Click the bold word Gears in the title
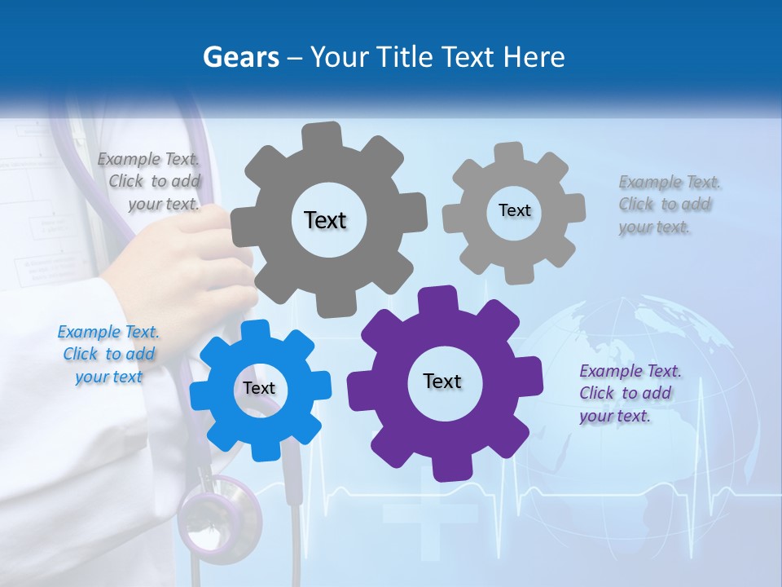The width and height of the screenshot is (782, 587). [240, 57]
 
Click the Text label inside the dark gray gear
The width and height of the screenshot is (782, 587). [325, 220]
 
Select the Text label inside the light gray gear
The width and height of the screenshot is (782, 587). [514, 210]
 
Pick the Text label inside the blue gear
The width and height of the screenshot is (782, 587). [259, 389]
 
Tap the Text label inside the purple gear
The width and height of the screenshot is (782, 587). [442, 382]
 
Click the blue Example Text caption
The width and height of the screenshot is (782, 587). [108, 355]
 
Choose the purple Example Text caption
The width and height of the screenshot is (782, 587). [630, 393]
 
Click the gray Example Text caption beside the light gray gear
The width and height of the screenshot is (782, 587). [669, 204]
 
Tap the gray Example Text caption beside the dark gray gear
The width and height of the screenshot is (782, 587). [151, 181]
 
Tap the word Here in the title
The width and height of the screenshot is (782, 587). [534, 57]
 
